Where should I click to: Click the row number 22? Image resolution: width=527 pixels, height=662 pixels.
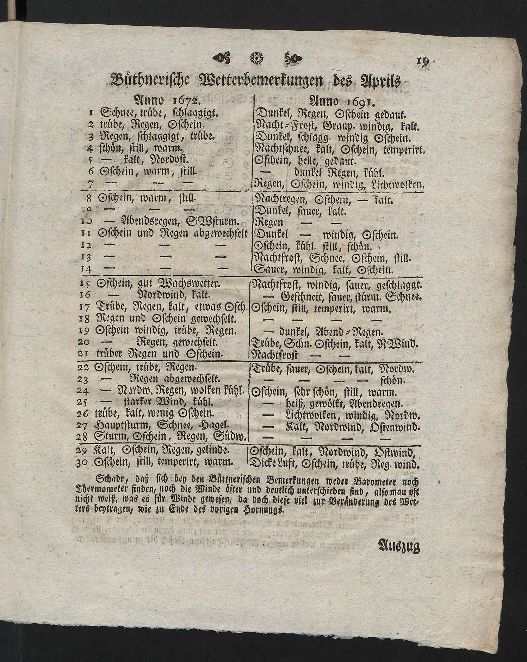(83, 368)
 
